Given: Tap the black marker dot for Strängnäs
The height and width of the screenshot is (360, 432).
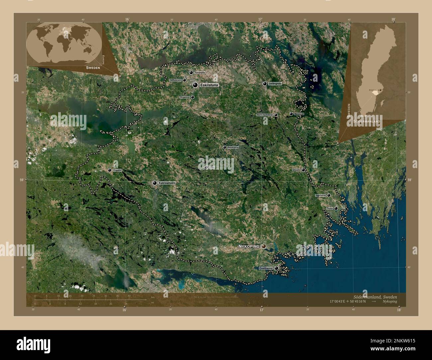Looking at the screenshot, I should [265, 84].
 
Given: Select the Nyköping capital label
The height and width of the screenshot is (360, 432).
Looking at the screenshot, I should [248, 246].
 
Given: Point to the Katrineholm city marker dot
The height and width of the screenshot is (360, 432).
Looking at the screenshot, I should [155, 183].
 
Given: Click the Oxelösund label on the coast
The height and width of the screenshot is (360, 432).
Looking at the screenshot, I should [266, 268].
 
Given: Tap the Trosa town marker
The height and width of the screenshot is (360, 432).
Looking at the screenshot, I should [336, 208].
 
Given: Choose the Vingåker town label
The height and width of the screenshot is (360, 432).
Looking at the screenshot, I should [117, 170].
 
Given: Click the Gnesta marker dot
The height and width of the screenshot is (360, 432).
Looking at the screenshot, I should [303, 170].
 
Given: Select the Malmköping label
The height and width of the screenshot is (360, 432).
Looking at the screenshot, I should [233, 147].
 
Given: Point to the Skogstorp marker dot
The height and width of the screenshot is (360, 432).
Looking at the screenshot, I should [192, 97].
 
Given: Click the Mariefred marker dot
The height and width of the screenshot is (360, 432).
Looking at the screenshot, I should [291, 114].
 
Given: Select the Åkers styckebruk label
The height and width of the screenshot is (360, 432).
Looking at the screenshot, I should [265, 115].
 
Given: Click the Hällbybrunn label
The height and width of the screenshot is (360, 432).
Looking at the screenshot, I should [175, 80].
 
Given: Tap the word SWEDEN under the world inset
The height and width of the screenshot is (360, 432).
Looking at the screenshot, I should [93, 67].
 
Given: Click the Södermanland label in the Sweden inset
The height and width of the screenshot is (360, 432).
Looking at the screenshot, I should [367, 122].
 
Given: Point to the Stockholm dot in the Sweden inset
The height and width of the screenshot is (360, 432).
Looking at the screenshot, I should [380, 90].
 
